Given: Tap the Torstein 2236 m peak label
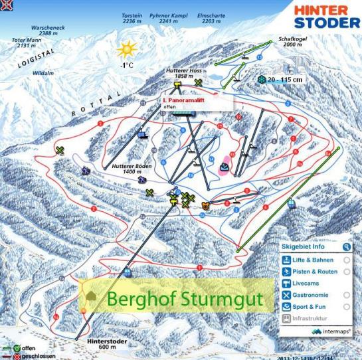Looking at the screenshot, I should pos(133,17).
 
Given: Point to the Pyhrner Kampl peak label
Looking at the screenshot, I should pos(171,17).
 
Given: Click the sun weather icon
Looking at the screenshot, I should pos(126,50).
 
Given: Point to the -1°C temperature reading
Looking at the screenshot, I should pos(126,66).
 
